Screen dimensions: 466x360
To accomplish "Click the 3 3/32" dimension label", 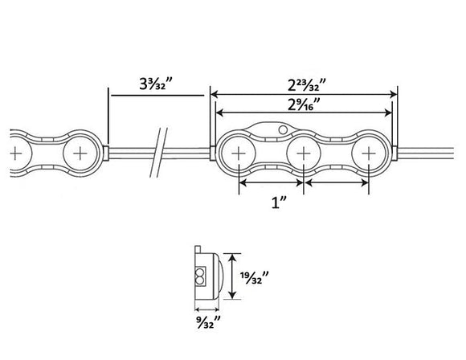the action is click(156, 84).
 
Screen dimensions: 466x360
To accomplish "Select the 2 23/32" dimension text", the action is click(307, 85).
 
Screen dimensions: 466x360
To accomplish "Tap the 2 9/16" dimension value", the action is click(304, 104).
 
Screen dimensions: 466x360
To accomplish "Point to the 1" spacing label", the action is click(279, 202).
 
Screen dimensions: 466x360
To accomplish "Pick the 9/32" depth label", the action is click(208, 322).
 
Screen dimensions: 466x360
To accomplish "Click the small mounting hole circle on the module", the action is click(283, 129).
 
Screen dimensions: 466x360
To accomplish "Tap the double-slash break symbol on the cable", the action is click(158, 153).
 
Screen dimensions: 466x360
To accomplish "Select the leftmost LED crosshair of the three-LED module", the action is click(239, 153).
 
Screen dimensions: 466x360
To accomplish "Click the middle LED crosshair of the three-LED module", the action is click(304, 153).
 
